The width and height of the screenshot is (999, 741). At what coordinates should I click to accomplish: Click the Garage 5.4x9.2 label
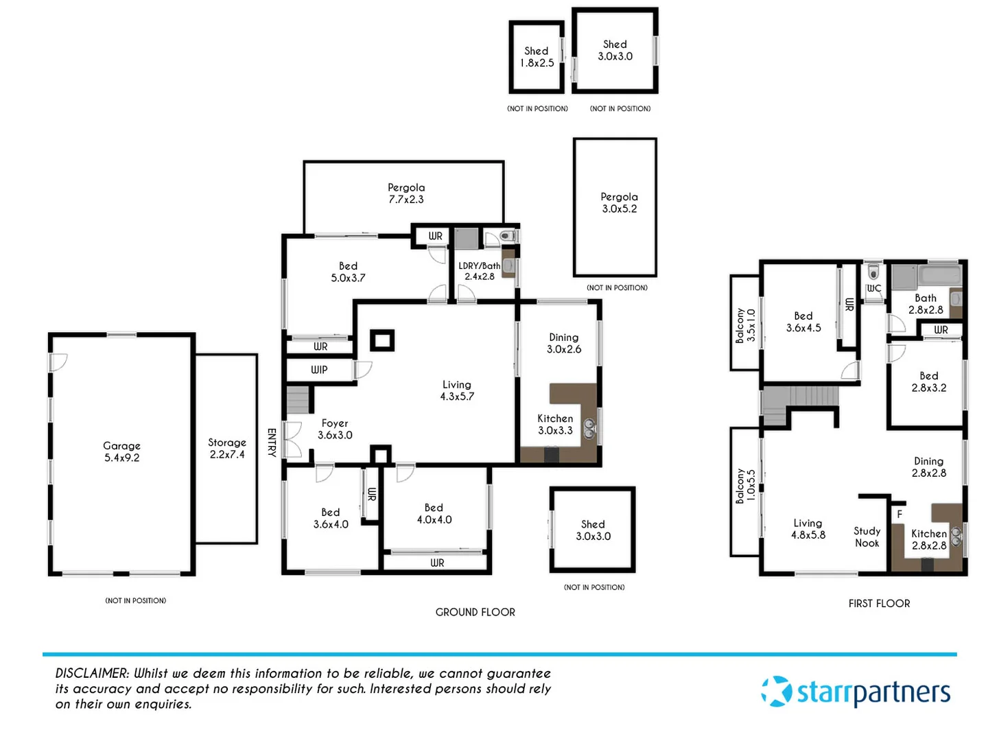[121, 451]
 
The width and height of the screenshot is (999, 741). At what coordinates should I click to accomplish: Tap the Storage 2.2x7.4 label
[227, 449]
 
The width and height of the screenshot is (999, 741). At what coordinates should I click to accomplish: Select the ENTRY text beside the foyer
[272, 443]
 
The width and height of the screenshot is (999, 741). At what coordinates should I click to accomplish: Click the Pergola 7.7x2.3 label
[406, 193]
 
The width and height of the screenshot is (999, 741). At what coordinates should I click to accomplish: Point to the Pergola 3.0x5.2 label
[619, 202]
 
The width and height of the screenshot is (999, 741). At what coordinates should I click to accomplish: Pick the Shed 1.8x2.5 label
[537, 57]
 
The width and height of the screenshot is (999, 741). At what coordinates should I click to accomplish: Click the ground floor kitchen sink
[589, 429]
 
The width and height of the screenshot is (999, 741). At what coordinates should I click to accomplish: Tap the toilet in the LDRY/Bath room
[506, 236]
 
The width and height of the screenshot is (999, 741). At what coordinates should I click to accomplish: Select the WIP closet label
[319, 370]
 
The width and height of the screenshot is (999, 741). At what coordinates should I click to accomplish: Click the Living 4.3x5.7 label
[457, 390]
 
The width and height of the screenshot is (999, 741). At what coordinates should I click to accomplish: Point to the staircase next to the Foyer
[298, 399]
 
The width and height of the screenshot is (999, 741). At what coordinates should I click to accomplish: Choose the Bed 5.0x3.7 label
[348, 272]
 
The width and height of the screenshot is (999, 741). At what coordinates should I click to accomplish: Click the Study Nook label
[867, 537]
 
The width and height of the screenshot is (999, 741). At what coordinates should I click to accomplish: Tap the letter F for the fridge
[900, 514]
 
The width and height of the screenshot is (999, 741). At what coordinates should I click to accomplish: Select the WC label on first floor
[873, 288]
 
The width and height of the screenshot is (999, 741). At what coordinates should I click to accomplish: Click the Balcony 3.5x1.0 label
[744, 325]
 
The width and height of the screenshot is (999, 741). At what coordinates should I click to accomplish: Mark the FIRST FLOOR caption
[879, 604]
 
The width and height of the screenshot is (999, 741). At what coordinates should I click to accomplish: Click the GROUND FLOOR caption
[475, 612]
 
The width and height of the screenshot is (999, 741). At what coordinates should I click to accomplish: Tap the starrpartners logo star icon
[777, 692]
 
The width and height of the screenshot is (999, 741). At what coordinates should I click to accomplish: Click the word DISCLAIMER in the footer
[92, 674]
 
